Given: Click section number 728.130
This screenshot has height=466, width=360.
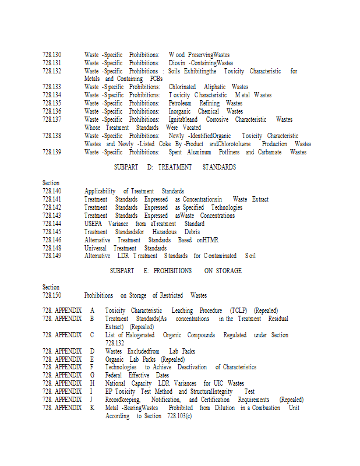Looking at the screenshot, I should (x=52, y=55).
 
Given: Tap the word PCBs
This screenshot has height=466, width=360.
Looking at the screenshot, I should (x=156, y=79).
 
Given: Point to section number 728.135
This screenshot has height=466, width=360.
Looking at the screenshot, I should (x=52, y=103).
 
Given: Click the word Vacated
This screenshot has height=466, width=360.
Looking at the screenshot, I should (x=191, y=128).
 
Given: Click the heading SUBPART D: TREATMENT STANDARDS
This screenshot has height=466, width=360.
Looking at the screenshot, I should (x=175, y=167).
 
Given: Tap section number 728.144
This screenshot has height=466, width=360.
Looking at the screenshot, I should (x=52, y=224).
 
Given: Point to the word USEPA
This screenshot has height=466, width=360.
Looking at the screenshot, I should (x=93, y=224).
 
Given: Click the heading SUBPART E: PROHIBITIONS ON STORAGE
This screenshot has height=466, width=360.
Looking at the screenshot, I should (x=175, y=271).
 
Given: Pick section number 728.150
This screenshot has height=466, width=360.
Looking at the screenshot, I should (x=52, y=295).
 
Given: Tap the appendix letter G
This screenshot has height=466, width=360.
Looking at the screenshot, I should (x=91, y=376).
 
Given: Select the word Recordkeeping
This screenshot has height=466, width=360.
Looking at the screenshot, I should (x=122, y=400).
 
